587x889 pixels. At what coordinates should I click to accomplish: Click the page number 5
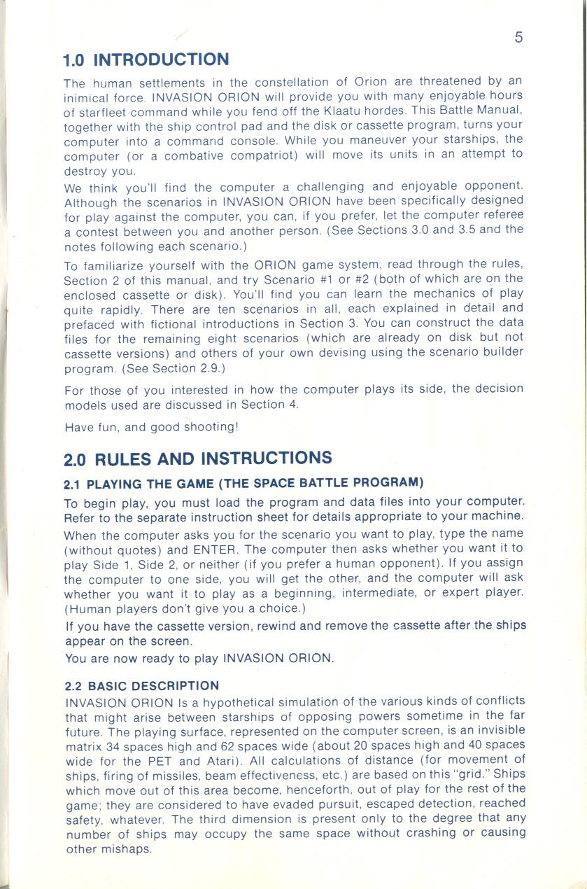click(x=518, y=37)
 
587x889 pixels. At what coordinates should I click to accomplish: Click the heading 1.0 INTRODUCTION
click(x=146, y=59)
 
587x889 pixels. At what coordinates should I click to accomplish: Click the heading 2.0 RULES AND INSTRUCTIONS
click(x=198, y=459)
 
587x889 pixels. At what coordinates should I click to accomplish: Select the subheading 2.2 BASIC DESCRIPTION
click(x=141, y=685)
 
